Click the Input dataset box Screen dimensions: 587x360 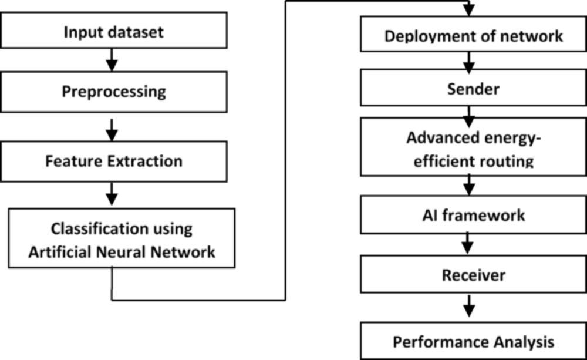(114, 31)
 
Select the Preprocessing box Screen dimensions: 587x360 (114, 92)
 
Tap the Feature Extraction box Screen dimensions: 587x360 (114, 162)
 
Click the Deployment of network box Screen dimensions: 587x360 (474, 34)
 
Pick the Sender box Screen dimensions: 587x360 (474, 88)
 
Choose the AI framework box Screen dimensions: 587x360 (474, 215)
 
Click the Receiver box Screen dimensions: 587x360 (474, 275)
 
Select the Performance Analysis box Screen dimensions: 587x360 (474, 341)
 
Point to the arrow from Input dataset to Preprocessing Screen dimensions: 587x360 (112, 60)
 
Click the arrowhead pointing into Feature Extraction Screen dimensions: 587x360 (112, 136)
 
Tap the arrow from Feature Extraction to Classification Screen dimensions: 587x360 (112, 194)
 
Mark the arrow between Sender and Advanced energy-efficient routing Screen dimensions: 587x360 (469, 117)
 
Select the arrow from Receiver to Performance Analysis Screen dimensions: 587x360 (469, 306)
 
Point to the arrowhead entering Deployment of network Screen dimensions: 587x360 (469, 11)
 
